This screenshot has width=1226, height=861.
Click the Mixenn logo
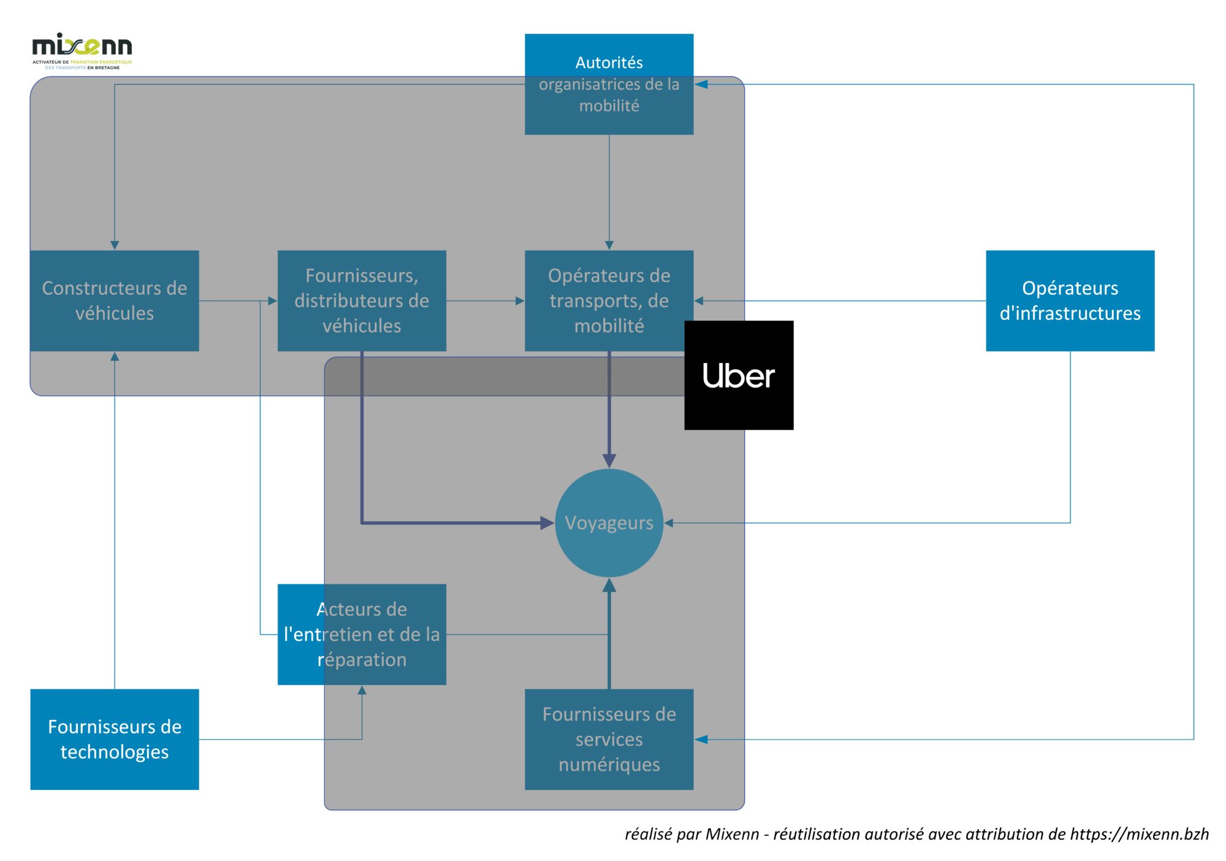82,50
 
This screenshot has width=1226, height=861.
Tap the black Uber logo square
739,375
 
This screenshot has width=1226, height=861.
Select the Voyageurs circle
609,523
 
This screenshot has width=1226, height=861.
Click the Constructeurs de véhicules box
115,300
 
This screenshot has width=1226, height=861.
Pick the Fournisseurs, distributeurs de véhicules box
362,300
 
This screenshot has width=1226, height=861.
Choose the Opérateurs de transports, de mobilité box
609,300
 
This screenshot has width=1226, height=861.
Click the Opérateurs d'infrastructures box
1070,300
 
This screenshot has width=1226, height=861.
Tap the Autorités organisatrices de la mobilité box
609,84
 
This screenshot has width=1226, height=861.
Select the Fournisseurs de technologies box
115,739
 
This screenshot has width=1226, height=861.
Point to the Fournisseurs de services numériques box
609,739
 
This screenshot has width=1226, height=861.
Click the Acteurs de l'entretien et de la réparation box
362,634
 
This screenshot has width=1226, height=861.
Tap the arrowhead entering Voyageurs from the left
547,523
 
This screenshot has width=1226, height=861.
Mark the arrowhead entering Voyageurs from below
609,586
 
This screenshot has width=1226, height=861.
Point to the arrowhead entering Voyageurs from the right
669,523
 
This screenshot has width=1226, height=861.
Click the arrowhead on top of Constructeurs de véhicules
115,245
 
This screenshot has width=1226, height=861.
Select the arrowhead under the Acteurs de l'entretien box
362,691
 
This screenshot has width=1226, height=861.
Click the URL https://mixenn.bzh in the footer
1139,834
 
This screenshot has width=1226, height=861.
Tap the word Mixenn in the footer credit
732,834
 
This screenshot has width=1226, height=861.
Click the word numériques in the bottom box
609,765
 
